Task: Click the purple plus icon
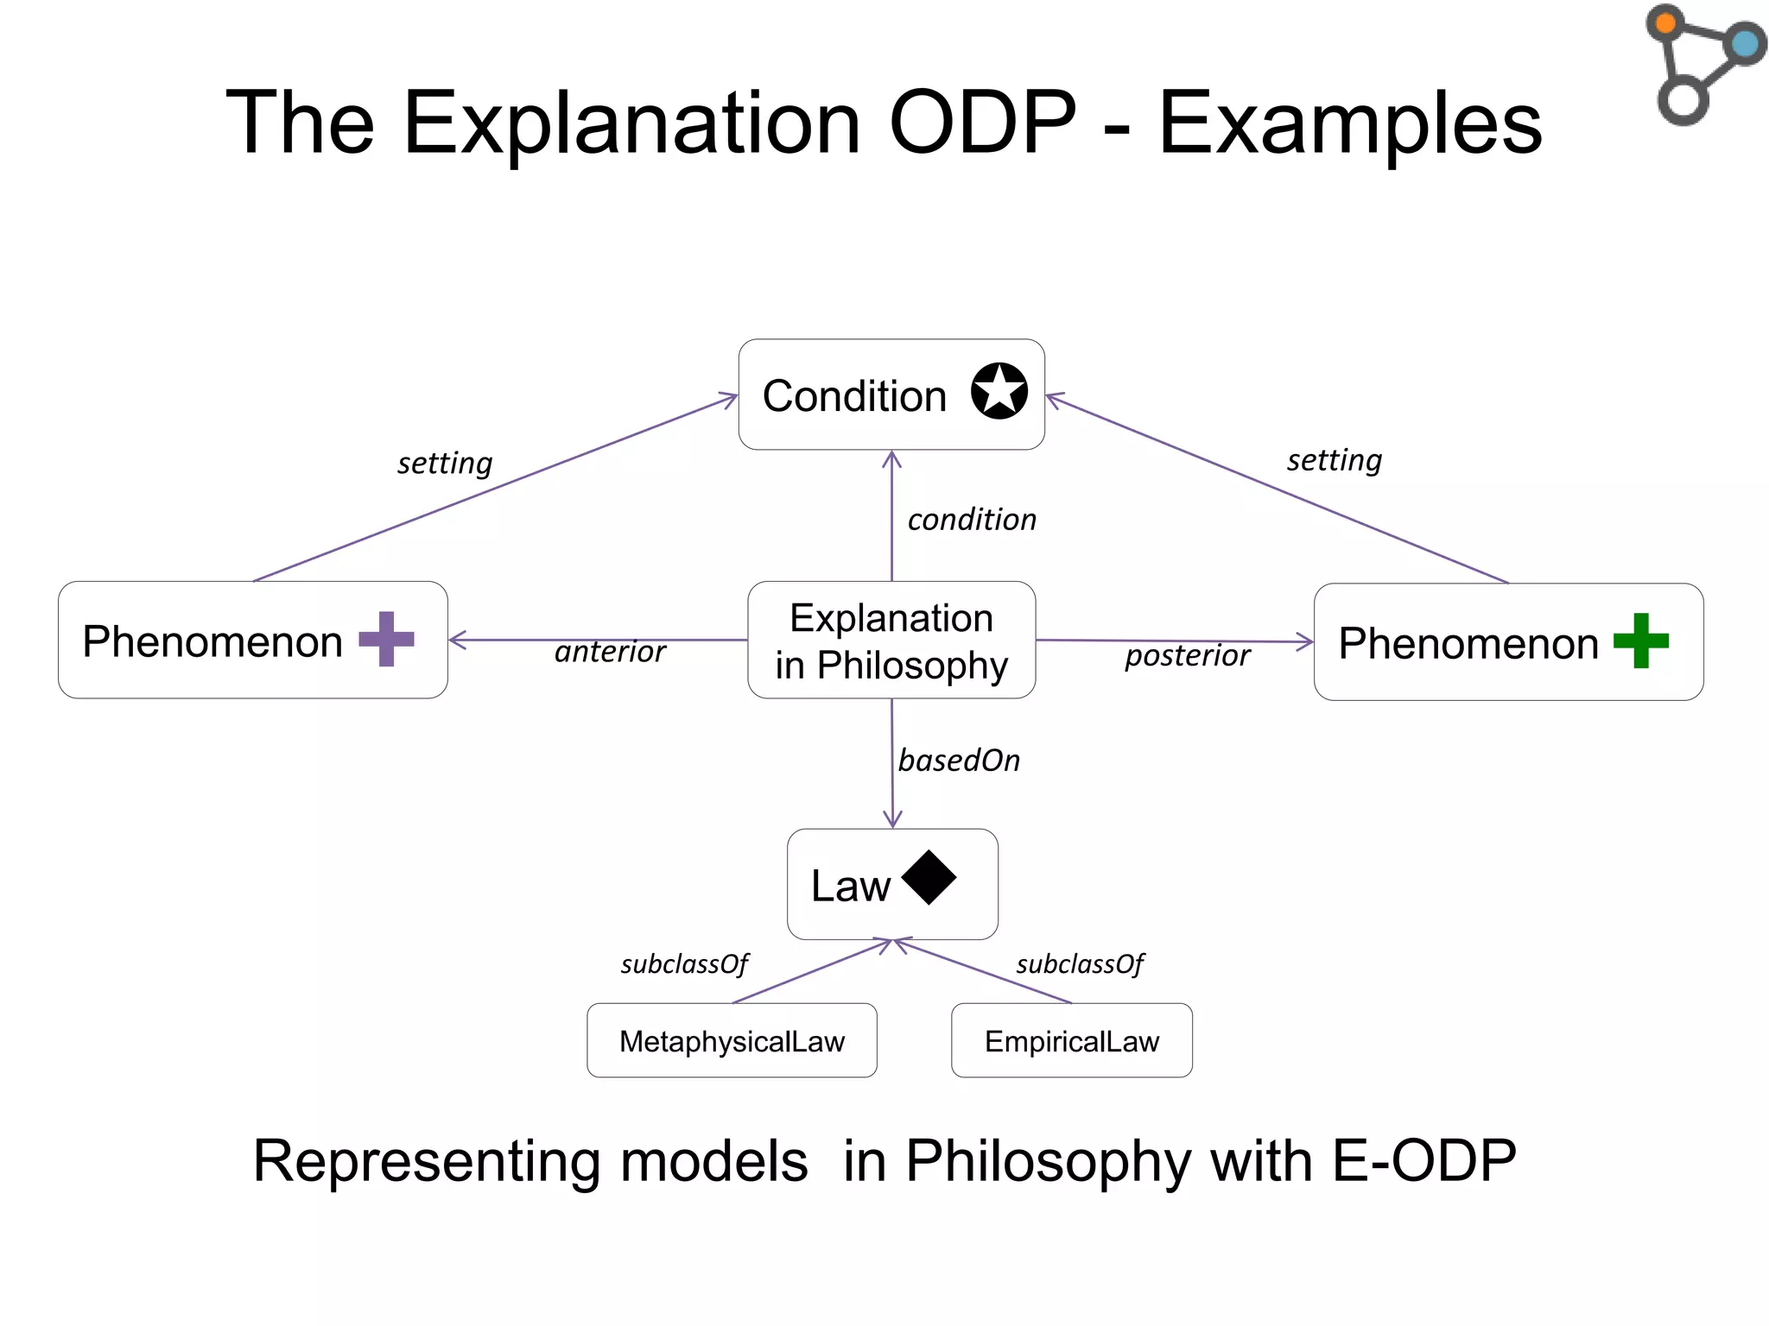[386, 639]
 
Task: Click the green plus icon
[1640, 641]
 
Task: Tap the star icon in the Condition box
[999, 391]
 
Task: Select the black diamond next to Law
[929, 878]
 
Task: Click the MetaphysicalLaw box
[732, 1040]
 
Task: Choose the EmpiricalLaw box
[1071, 1040]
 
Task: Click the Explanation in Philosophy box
[891, 641]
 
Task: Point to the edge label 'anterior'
[610, 652]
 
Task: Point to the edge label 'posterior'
[1187, 655]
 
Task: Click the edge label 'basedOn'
[959, 761]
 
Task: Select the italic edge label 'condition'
[972, 520]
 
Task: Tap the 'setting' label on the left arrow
[445, 464]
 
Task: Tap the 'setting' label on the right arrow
[1335, 460]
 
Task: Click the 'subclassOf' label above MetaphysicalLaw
[684, 963]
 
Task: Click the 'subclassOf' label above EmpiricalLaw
[1080, 963]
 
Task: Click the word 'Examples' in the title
[1349, 123]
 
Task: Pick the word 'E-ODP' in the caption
[1423, 1160]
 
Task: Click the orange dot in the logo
[1665, 23]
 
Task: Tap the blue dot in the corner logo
[1746, 43]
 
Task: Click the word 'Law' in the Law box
[850, 887]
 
